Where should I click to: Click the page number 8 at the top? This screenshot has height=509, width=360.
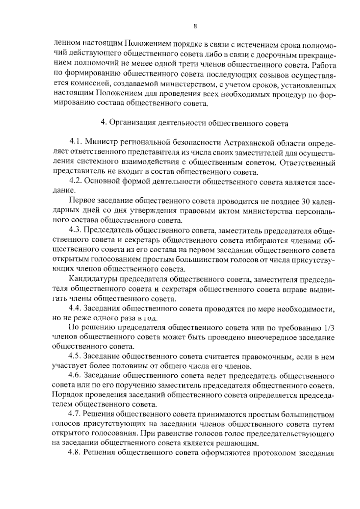[x=195, y=26]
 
